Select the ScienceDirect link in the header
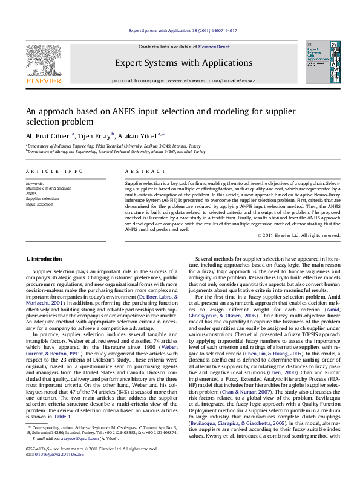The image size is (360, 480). pyautogui.click(x=214, y=47)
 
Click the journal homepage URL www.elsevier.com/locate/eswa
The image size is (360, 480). pyautogui.click(x=211, y=80)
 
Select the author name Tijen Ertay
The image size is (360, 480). pyautogui.click(x=94, y=135)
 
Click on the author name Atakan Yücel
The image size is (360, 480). pyautogui.click(x=138, y=135)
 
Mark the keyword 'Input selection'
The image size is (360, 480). pyautogui.click(x=39, y=204)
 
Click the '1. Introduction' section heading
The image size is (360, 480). pyautogui.click(x=44, y=259)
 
